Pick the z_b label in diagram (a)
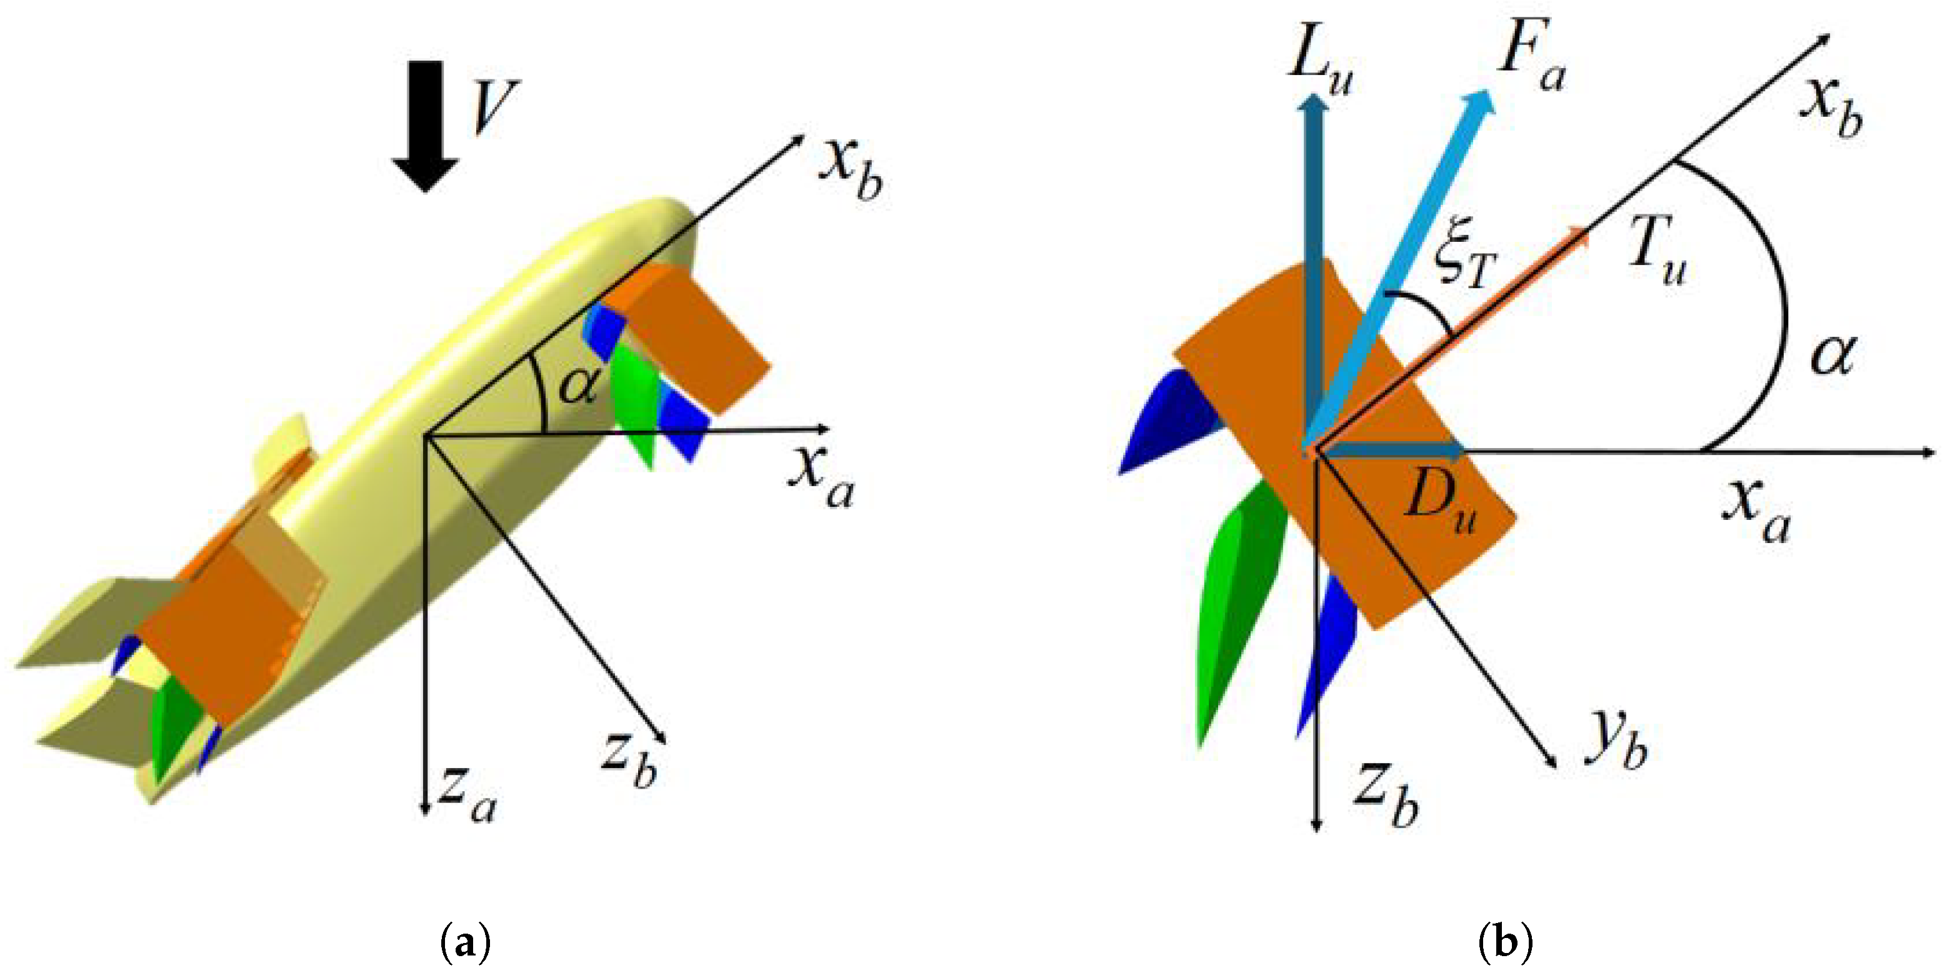[x=629, y=760]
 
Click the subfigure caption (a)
[x=466, y=944]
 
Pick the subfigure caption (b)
[x=1505, y=944]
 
